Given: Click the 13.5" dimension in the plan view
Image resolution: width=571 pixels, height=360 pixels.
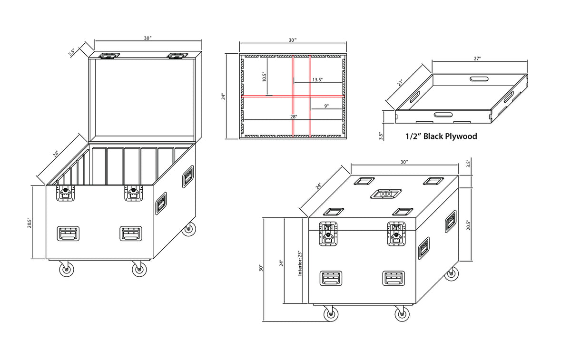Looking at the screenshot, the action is tap(317, 80).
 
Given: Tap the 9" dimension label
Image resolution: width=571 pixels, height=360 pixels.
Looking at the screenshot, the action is tap(326, 106).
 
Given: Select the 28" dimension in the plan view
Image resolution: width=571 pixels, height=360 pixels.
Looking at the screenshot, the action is tap(294, 117).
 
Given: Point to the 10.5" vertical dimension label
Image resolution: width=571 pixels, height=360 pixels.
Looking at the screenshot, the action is tap(265, 77).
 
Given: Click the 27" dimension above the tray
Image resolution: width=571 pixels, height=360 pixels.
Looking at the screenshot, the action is tap(477, 58).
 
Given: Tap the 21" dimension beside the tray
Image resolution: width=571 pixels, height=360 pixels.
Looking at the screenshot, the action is tap(401, 83).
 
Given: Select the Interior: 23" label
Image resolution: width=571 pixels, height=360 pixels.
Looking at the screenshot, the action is tap(300, 263).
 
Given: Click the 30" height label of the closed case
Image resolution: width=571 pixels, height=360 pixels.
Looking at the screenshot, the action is tap(261, 268).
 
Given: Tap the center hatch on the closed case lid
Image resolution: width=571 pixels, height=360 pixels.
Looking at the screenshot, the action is tap(386, 194).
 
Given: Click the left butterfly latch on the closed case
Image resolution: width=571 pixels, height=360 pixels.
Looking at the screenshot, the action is tap(328, 234).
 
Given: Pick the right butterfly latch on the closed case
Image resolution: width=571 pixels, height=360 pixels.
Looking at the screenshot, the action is tap(396, 234).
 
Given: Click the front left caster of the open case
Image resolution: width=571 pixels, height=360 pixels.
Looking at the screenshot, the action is tap(67, 269).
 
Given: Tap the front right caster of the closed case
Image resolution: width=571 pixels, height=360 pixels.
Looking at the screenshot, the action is tap(402, 313).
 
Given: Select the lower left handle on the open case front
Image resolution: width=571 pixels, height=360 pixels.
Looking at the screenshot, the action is tap(68, 234).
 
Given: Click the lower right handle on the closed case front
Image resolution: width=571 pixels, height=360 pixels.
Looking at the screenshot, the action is tap(394, 278).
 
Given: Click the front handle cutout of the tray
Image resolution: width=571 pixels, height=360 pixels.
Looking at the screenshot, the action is tap(443, 115).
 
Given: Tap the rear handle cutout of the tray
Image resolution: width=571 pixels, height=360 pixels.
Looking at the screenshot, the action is tap(479, 79).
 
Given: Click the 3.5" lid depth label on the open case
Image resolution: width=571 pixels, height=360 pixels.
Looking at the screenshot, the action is tap(71, 52).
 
